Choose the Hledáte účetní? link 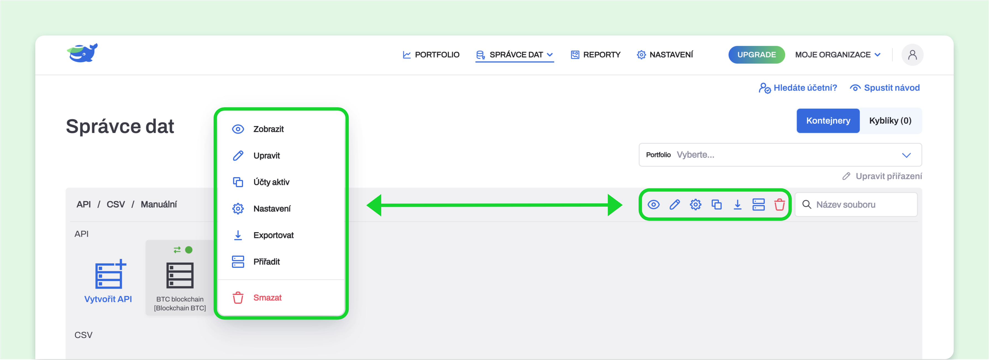798,88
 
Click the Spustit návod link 885,88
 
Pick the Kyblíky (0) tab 890,120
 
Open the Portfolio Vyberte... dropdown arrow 906,155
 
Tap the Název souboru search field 856,204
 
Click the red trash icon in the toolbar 779,204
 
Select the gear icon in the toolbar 695,204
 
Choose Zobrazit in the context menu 268,129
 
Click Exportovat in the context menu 273,235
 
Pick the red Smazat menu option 267,298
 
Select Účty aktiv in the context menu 271,182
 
